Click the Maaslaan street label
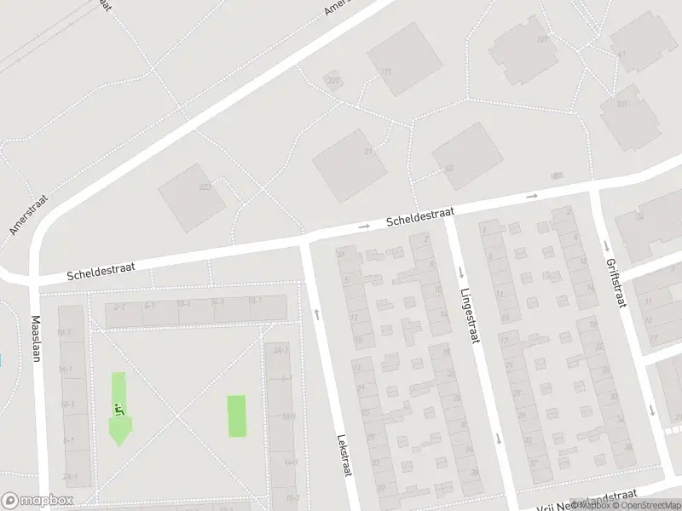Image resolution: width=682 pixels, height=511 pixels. pyautogui.click(x=36, y=339)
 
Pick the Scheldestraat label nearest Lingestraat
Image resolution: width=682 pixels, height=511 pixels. pyautogui.click(x=419, y=216)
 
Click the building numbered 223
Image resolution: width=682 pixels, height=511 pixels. pyautogui.click(x=192, y=197)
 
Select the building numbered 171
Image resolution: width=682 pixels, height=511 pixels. pyautogui.click(x=405, y=59)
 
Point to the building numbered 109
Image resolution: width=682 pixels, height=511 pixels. pyautogui.click(x=523, y=50)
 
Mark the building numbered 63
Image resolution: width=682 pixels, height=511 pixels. pyautogui.click(x=466, y=155)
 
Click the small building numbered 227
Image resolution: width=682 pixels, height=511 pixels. pyautogui.click(x=332, y=81)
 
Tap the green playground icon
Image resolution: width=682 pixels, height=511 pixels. pyautogui.click(x=118, y=408)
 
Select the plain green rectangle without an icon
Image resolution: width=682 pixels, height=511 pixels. pyautogui.click(x=236, y=416)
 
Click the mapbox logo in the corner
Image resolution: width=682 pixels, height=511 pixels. pyautogui.click(x=37, y=501)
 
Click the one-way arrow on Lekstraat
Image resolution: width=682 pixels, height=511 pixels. pyautogui.click(x=317, y=314)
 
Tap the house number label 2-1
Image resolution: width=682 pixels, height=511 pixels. pyautogui.click(x=119, y=307)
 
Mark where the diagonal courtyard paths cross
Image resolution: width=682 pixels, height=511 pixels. pyautogui.click(x=178, y=416)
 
